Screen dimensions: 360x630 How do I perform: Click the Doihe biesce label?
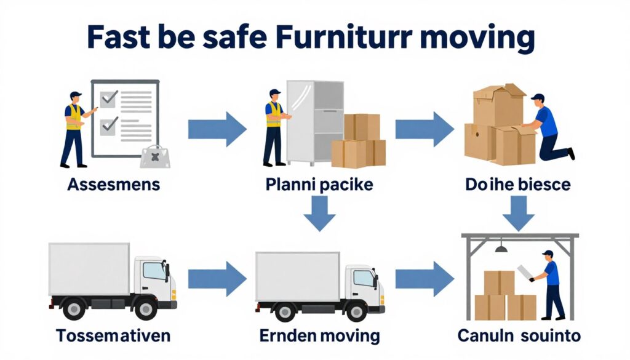pos(519,184)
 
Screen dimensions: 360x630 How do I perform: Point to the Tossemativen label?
pos(113,336)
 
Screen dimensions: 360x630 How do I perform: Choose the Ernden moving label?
pos(319,336)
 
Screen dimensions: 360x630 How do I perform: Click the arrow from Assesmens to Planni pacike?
pos(217,129)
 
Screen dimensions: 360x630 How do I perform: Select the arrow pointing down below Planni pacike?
pos(319,213)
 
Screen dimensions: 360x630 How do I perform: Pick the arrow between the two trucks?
pos(217,278)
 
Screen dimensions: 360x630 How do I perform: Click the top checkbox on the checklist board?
pos(110,97)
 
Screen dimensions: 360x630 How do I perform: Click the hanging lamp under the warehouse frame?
pos(501,248)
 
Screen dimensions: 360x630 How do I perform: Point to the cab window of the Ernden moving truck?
pos(363,278)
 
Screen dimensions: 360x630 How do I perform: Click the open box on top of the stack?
pos(499,103)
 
